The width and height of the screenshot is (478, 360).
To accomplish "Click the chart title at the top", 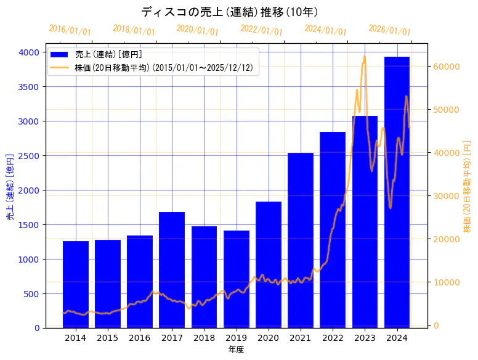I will click(229, 12).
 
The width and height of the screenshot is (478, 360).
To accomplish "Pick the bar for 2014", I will click(76, 284).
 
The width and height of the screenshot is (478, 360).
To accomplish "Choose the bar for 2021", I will click(301, 240).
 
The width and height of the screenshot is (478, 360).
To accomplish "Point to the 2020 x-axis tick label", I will click(269, 338).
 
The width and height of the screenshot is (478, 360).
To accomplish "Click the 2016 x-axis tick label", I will click(140, 338).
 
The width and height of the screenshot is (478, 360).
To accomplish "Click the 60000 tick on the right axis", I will click(447, 67).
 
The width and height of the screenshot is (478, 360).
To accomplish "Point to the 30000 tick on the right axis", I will click(447, 196).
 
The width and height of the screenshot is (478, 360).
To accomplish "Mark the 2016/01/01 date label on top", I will click(70, 30).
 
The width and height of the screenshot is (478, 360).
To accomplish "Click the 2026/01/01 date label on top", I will click(389, 30).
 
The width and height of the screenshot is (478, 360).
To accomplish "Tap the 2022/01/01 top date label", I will click(261, 30).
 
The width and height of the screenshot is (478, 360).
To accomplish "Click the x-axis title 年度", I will click(236, 350).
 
